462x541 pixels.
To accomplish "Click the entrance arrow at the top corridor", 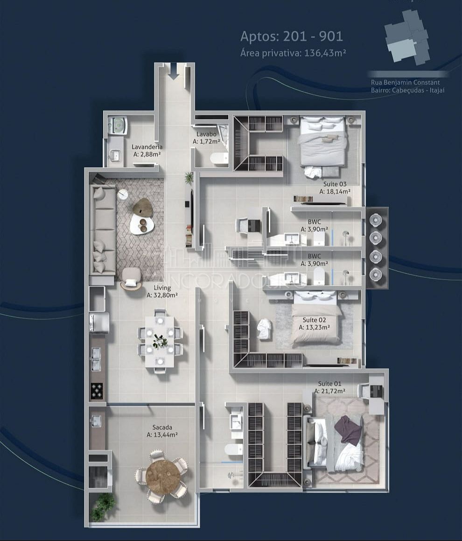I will (174, 71).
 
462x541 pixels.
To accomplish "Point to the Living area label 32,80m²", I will (162, 295).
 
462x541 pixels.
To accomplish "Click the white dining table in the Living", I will (160, 341).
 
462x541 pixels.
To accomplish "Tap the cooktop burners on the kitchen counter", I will (97, 390).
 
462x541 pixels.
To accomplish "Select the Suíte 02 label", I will (314, 320).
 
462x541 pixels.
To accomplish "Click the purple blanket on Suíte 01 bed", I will (348, 430).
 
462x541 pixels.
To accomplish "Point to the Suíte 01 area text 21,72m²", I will (329, 391).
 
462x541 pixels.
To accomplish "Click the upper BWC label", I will (314, 222).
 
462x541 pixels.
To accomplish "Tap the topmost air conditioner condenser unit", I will (376, 219).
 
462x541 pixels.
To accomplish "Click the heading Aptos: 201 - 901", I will (292, 36).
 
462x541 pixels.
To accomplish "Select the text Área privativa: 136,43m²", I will (293, 53).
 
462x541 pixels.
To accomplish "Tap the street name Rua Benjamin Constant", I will (405, 83).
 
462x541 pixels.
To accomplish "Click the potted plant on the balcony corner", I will (103, 507).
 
